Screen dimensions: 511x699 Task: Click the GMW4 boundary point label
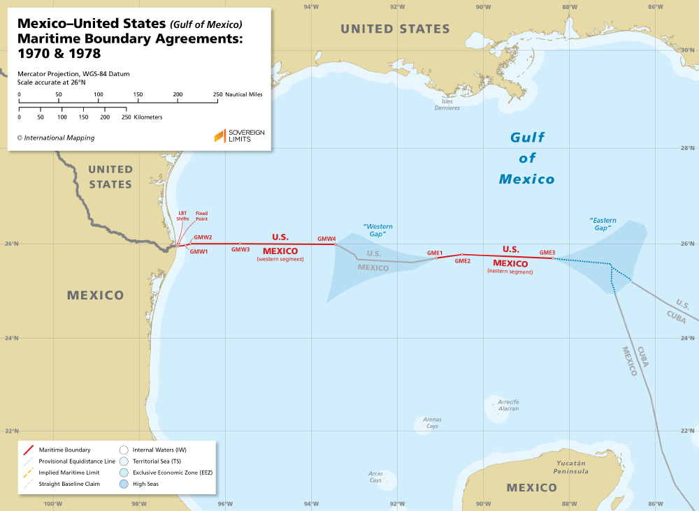point(326,239)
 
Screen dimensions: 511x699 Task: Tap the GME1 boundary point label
point(435,253)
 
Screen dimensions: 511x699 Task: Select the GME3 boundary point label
point(547,252)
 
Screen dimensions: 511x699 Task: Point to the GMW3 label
point(240,249)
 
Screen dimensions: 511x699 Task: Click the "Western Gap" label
point(378,230)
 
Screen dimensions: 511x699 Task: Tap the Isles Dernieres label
point(447,105)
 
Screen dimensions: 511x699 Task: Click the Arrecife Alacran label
point(508,405)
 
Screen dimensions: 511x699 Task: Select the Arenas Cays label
point(432,422)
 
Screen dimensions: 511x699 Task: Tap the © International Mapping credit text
point(56,138)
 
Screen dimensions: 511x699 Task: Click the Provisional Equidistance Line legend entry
point(67,461)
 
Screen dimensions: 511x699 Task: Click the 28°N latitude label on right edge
point(688,148)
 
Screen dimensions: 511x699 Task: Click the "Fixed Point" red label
point(201,216)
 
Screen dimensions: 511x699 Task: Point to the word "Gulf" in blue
point(527,137)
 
